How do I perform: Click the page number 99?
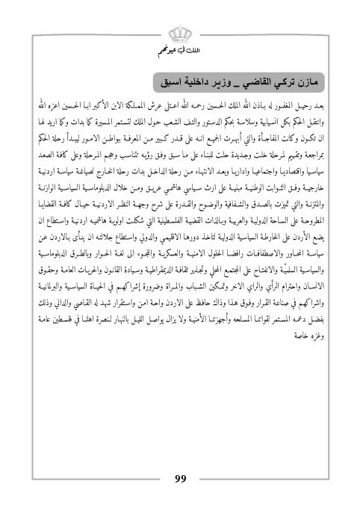(180, 479)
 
